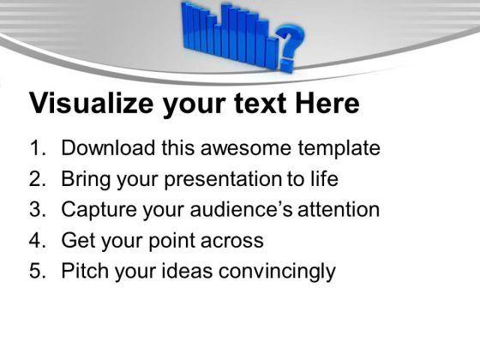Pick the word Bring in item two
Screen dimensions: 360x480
85,179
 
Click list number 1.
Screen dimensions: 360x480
36,148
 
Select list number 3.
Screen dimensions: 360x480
36,210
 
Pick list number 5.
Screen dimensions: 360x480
36,272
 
